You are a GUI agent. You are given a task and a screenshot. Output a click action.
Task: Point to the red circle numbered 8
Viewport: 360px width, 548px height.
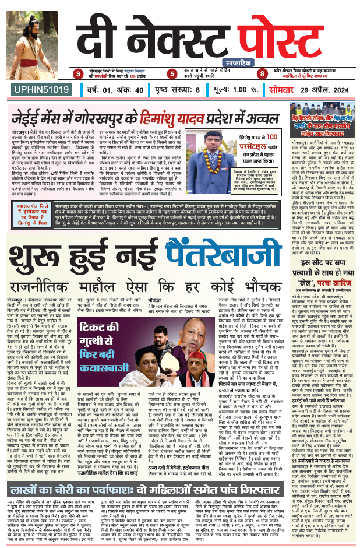pos(263,74)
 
